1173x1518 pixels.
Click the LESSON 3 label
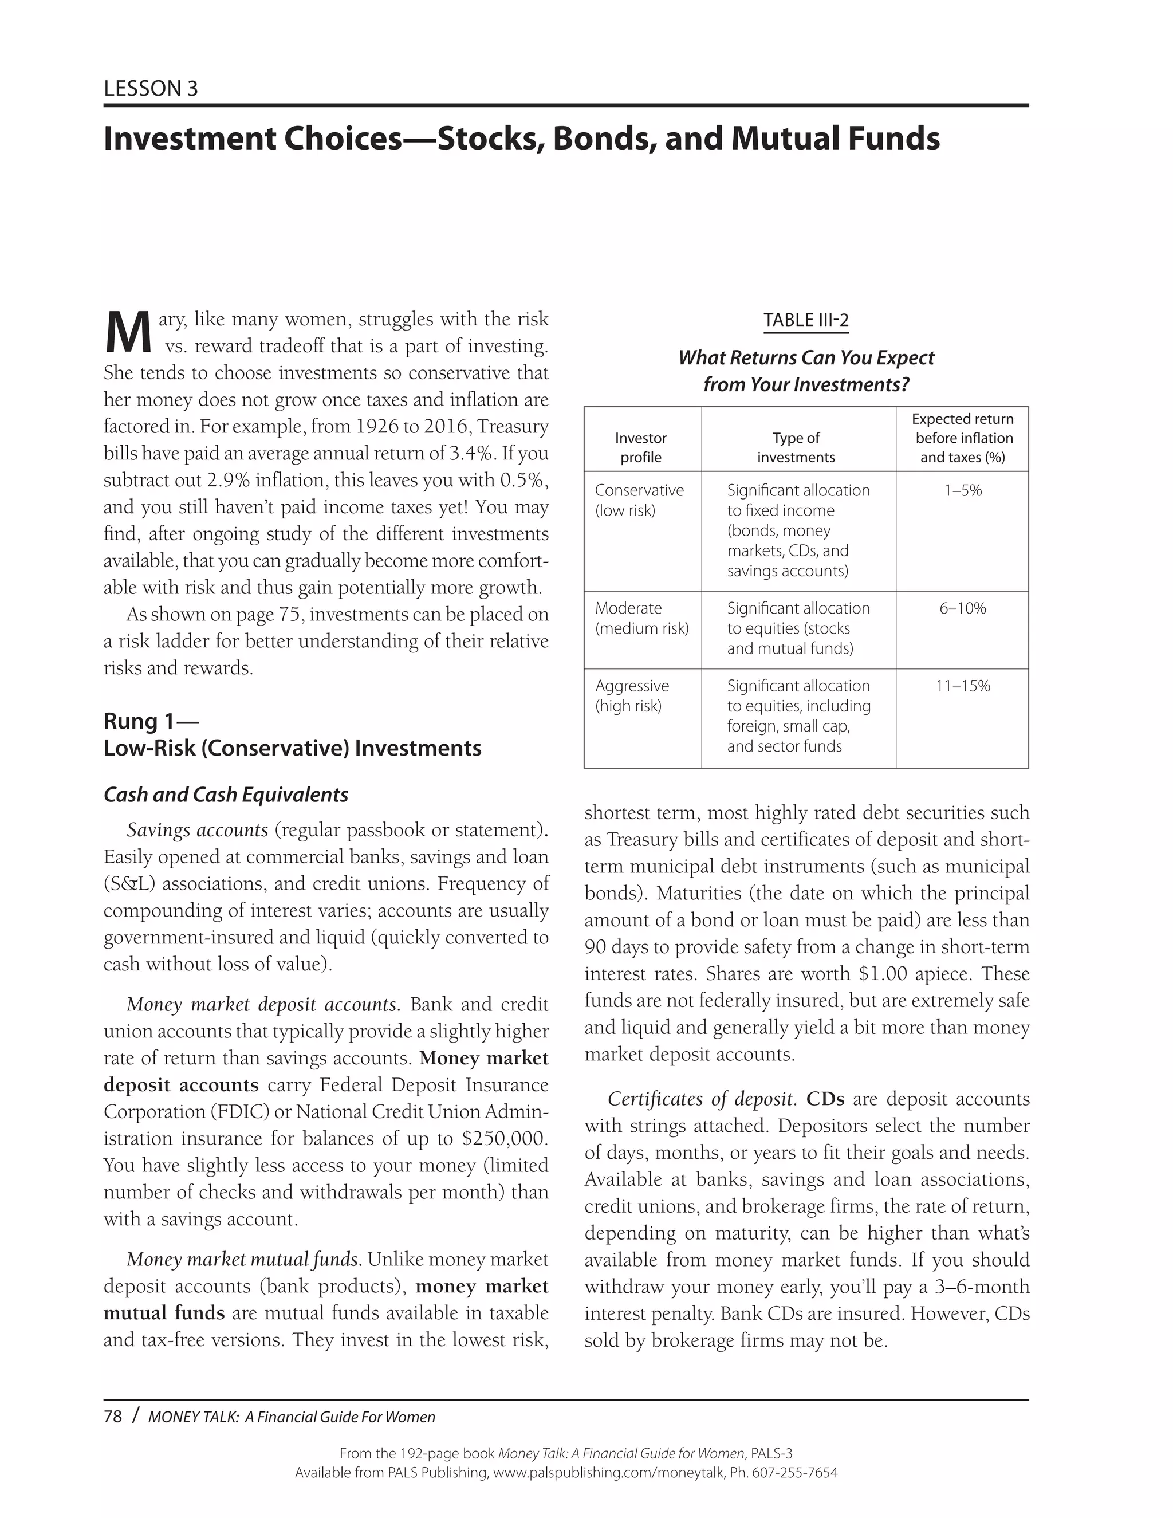tap(151, 88)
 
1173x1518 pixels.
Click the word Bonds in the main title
tap(603, 138)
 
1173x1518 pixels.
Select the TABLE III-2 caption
tap(806, 320)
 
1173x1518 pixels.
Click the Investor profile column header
tap(641, 447)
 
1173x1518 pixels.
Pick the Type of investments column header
tap(796, 447)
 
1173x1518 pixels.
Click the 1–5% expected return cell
tap(962, 491)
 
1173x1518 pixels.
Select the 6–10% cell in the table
tap(962, 608)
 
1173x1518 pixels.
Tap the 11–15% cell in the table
tap(962, 686)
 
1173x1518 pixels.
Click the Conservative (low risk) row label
tap(639, 500)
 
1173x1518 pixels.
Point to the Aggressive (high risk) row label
tap(632, 696)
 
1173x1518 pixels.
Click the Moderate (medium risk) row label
tap(641, 618)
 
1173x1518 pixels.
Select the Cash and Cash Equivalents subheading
tap(226, 795)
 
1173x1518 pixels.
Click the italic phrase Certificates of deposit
tap(701, 1099)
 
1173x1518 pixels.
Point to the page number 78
tap(113, 1417)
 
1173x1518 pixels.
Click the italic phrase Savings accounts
tap(198, 830)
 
